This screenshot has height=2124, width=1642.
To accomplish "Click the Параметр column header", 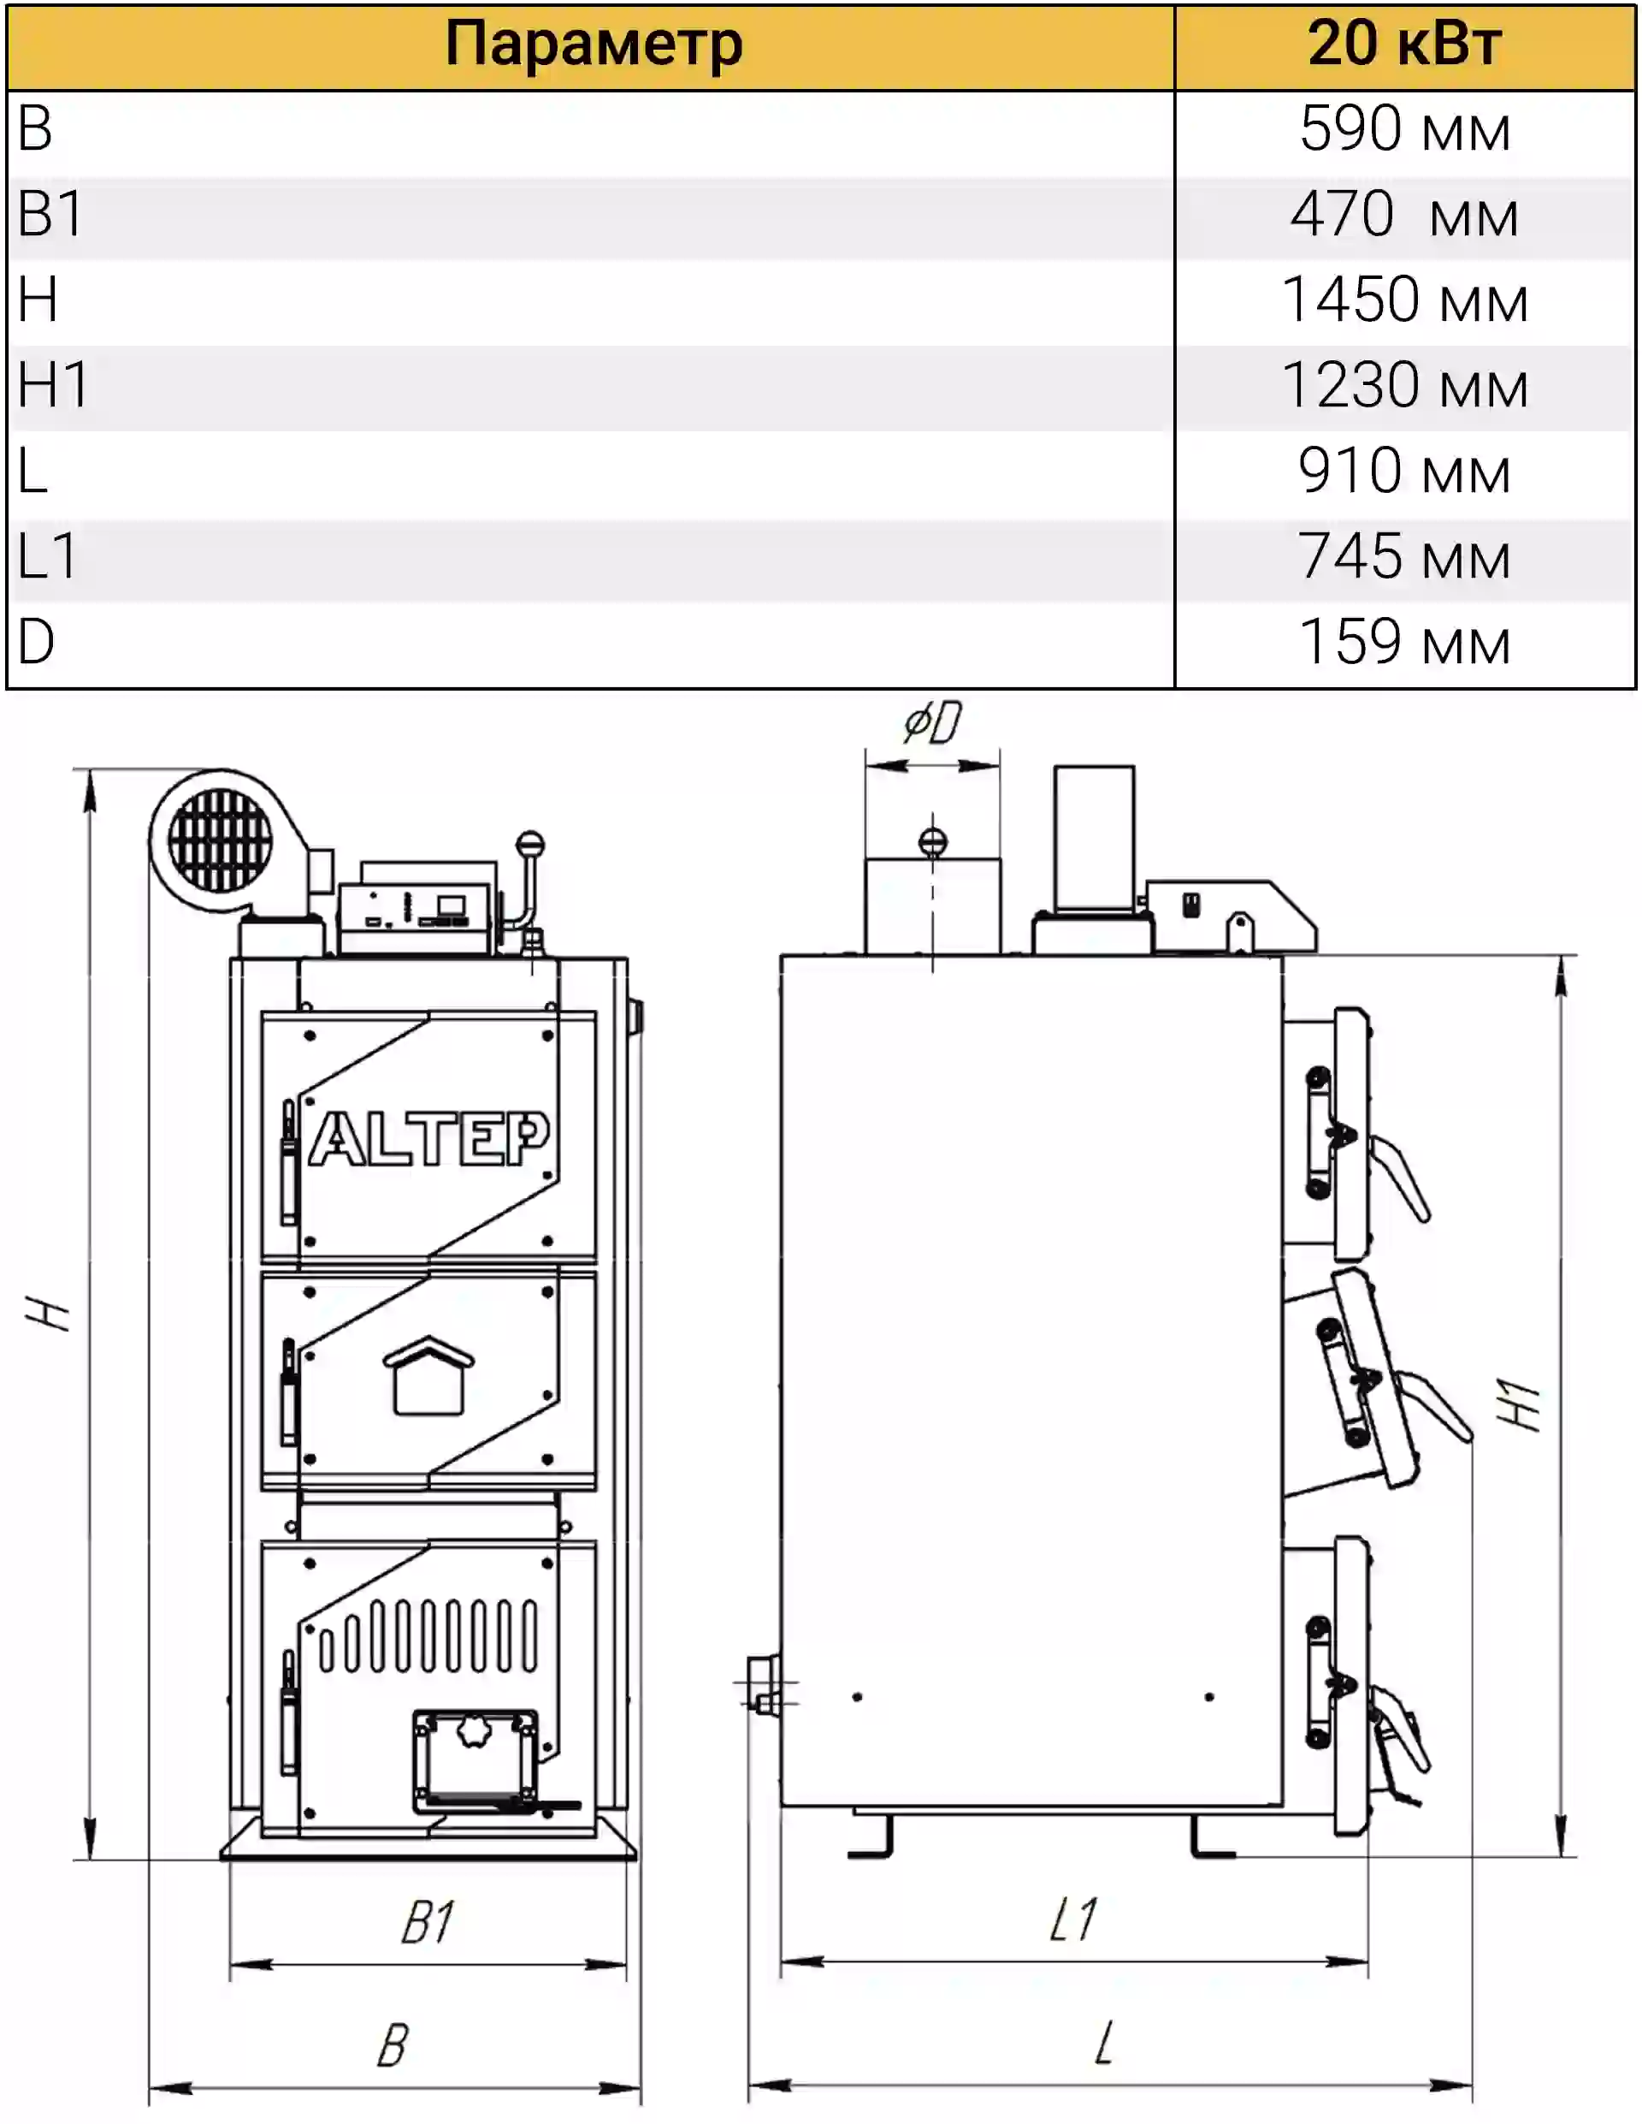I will pos(593,44).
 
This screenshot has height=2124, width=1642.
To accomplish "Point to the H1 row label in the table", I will pos(54,385).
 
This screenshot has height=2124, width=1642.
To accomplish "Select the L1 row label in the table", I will pos(47,556).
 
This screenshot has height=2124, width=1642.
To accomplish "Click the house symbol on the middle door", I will pos(428,1375).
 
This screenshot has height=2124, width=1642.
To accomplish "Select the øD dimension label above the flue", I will pos(931,722).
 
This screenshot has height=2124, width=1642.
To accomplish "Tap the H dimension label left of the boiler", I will pos(49,1313).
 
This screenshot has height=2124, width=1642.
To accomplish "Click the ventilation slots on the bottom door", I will pos(428,1637).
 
